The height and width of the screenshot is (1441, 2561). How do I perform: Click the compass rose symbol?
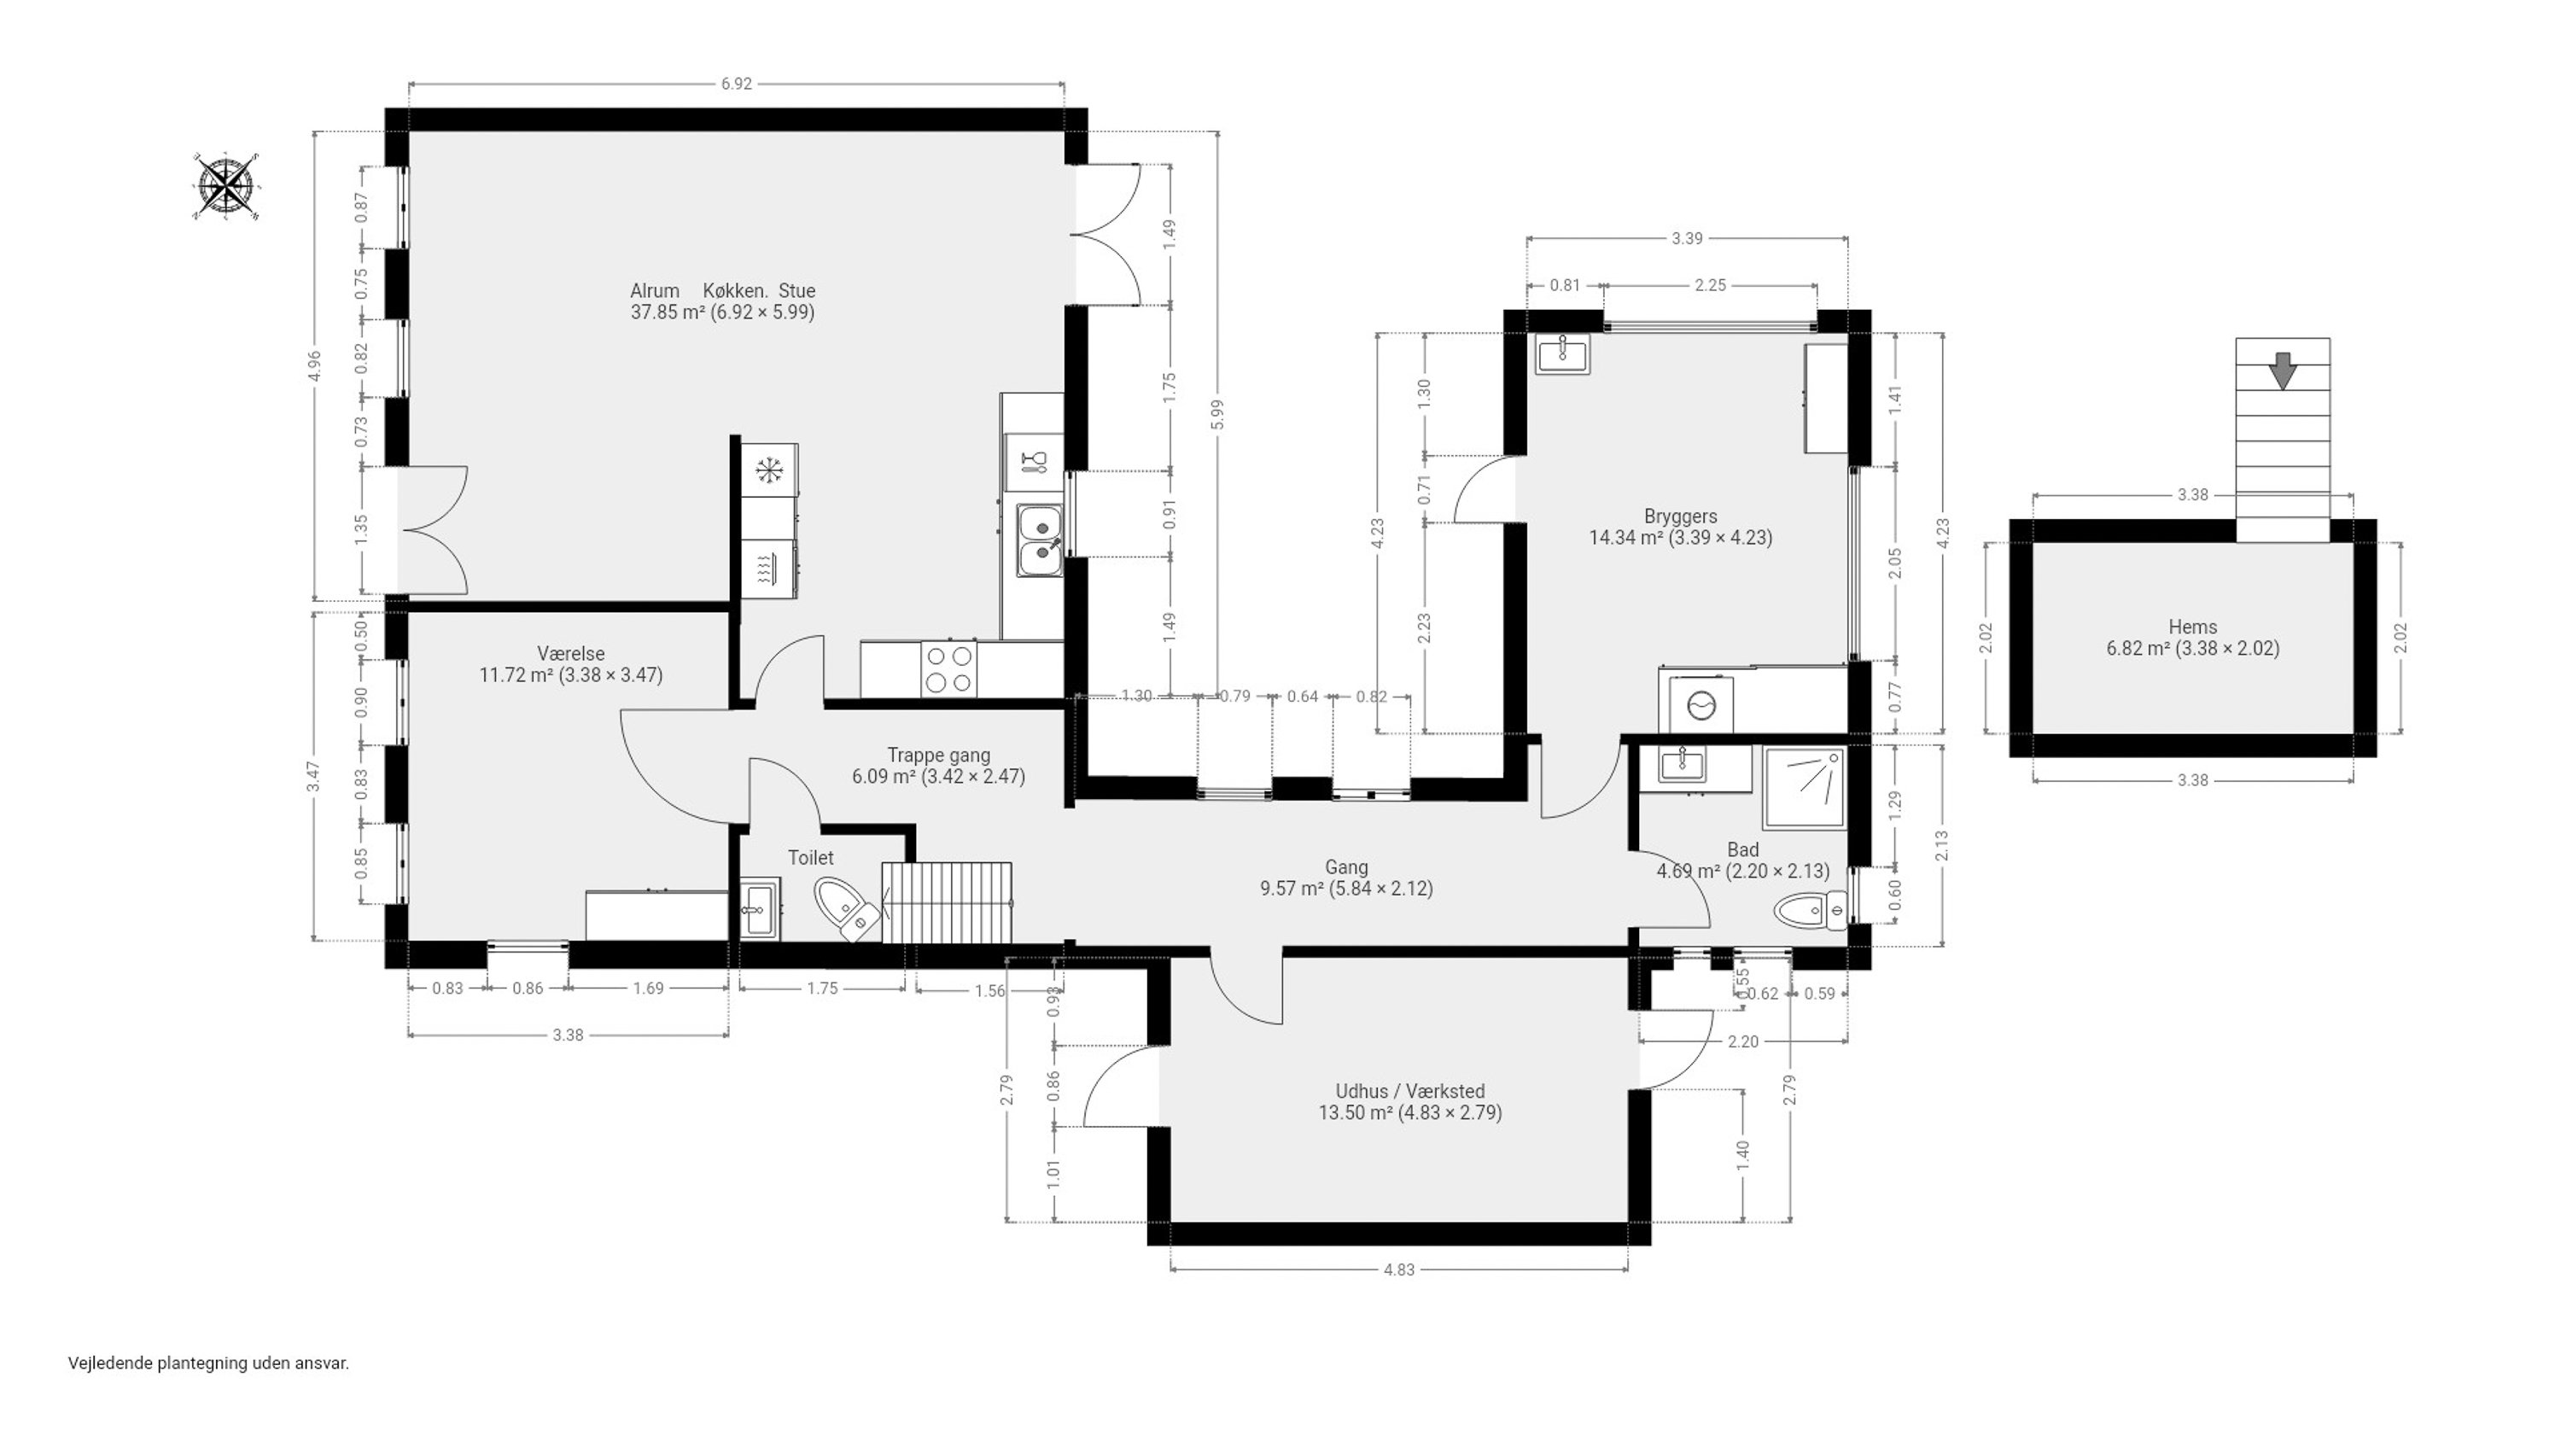[x=227, y=186]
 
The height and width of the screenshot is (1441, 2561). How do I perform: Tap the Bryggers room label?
[x=1680, y=516]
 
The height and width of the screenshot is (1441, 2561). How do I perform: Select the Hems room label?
[x=2192, y=627]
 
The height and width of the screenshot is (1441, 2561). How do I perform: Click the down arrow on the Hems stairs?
[x=2283, y=370]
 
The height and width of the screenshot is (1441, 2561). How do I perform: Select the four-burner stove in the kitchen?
[x=948, y=669]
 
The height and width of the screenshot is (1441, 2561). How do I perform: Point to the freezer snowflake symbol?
[x=768, y=470]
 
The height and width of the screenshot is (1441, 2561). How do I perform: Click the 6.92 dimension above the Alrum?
[x=736, y=85]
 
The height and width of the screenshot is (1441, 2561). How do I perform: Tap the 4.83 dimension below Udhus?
[x=1399, y=1269]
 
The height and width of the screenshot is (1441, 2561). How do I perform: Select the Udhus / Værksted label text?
[x=1409, y=1091]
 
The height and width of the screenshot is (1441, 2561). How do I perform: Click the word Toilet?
[x=810, y=857]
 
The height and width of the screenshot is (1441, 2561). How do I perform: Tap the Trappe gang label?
[x=938, y=755]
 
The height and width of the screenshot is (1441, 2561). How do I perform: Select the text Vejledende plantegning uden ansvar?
[x=209, y=1363]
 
